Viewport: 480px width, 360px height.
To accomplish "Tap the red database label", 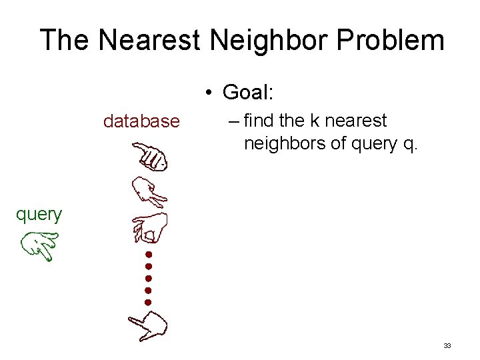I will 141,121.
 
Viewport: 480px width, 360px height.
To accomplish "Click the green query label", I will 39,214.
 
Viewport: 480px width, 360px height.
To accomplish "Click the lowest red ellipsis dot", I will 148,302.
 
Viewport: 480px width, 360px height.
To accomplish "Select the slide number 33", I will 447,345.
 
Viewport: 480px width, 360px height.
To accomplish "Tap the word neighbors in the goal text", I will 281,143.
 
